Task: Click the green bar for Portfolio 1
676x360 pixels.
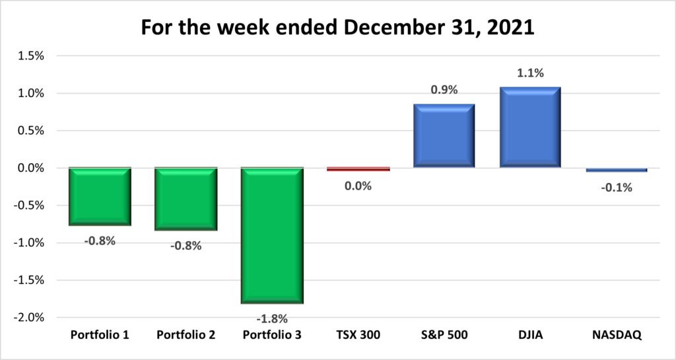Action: tap(100, 197)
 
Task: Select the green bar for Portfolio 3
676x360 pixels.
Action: tap(272, 236)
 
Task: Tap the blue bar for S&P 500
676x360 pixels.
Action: tap(444, 136)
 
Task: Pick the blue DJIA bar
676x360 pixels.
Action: tap(530, 127)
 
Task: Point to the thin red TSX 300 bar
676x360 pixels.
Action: tap(358, 169)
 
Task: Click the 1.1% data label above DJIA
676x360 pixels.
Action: tap(530, 73)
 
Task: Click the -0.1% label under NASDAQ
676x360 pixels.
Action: tap(617, 188)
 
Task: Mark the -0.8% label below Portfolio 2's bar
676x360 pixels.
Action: tap(186, 246)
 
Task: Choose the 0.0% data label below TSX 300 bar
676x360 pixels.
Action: tap(358, 186)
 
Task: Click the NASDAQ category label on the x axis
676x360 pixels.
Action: tap(617, 336)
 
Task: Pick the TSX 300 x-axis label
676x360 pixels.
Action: tap(358, 336)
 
